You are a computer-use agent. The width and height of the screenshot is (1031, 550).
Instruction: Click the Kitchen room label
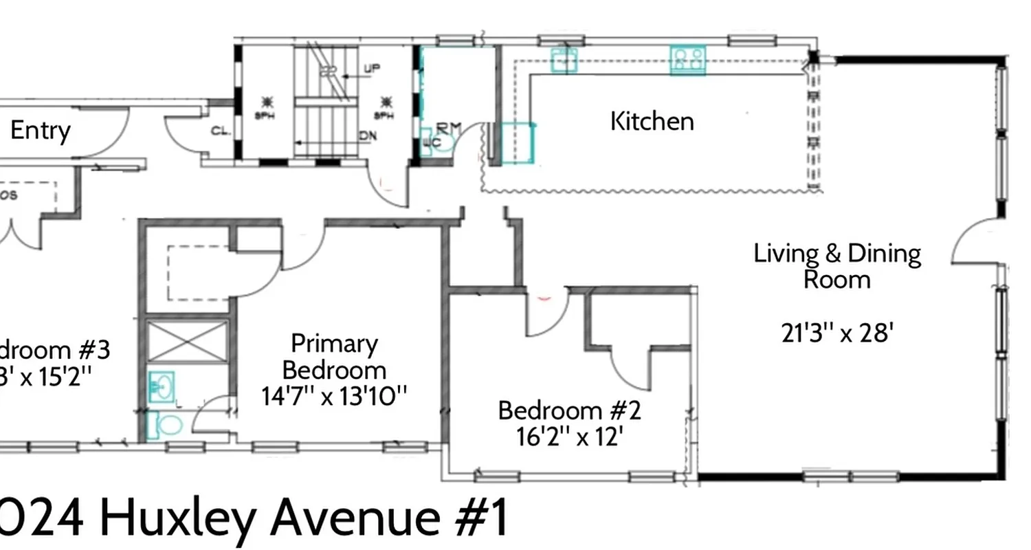652,122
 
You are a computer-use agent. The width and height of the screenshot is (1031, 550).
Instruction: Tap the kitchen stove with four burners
687,59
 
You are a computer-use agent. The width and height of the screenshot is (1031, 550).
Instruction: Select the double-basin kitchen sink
564,60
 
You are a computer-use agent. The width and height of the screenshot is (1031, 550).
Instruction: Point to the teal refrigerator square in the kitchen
517,143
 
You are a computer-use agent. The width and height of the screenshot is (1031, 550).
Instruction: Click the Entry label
41,131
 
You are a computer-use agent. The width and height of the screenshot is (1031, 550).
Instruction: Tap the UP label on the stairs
372,69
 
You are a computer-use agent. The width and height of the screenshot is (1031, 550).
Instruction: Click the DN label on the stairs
368,136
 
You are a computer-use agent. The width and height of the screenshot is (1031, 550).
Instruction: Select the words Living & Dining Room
837,266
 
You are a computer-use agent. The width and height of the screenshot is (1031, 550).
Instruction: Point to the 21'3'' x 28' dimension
837,333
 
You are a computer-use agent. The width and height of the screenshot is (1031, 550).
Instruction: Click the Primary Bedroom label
334,356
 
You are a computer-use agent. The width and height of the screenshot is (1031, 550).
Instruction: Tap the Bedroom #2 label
569,411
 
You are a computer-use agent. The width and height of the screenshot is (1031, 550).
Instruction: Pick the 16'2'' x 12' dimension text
569,437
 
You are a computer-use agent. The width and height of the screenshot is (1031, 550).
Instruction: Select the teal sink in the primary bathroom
162,386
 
